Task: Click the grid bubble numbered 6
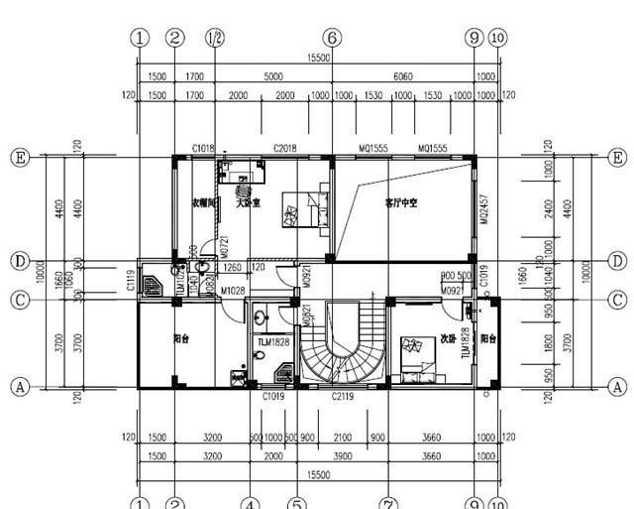click(x=332, y=38)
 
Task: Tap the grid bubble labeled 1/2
click(x=214, y=38)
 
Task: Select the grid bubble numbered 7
click(x=388, y=504)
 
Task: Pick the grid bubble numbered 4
click(x=250, y=504)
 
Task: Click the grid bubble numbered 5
click(x=295, y=504)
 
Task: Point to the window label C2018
click(x=286, y=149)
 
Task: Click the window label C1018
click(x=204, y=149)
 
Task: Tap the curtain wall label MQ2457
click(x=484, y=209)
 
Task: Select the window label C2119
click(x=343, y=396)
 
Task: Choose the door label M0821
click(x=307, y=315)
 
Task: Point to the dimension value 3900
click(x=343, y=455)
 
